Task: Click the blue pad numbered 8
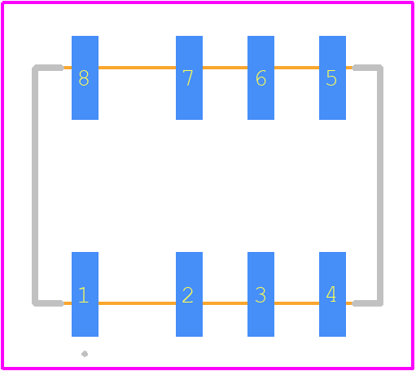click(x=85, y=77)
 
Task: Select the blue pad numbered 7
click(x=189, y=77)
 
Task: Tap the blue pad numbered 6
click(x=261, y=77)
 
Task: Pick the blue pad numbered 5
click(x=332, y=77)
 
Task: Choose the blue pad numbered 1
click(x=85, y=294)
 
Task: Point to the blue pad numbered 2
click(x=189, y=294)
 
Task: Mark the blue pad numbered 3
click(x=261, y=294)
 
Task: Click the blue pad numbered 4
click(x=332, y=294)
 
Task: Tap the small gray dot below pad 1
click(x=85, y=354)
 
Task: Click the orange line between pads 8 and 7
click(x=137, y=68)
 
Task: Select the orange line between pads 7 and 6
click(x=225, y=68)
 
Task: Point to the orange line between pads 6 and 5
click(x=296, y=68)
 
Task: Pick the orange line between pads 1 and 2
click(x=137, y=303)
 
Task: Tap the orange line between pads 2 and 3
click(x=225, y=303)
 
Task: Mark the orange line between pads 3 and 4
click(x=296, y=303)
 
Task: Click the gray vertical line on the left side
click(x=35, y=185)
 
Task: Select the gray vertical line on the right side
click(x=380, y=185)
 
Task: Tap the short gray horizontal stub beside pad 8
click(x=48, y=68)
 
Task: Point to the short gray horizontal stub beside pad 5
click(x=367, y=68)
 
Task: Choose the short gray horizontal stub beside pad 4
click(x=367, y=303)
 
